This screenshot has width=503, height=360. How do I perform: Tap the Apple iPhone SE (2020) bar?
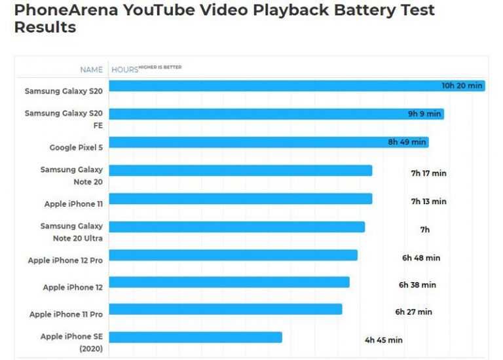pos(195,337)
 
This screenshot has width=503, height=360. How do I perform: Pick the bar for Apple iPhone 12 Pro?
pos(233,255)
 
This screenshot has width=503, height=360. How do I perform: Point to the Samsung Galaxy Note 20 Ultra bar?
pos(236,227)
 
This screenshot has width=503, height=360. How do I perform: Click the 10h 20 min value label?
pos(462,86)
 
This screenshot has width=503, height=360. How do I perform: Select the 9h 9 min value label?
pos(424,114)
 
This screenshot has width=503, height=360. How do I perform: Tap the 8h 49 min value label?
pos(407,142)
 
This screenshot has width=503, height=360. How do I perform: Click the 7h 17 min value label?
pos(428,173)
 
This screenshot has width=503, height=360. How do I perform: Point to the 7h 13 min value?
pos(428,202)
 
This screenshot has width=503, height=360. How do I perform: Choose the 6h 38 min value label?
pos(417,285)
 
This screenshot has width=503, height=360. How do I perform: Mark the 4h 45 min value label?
pos(384,340)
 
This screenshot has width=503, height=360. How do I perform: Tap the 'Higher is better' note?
pos(160,67)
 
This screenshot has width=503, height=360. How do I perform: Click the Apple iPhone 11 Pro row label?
pos(66,315)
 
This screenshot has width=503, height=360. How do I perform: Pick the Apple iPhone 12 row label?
pos(73,287)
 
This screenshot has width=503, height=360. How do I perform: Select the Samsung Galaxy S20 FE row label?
pos(64,119)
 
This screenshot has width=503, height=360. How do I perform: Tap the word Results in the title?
pos(45,27)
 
